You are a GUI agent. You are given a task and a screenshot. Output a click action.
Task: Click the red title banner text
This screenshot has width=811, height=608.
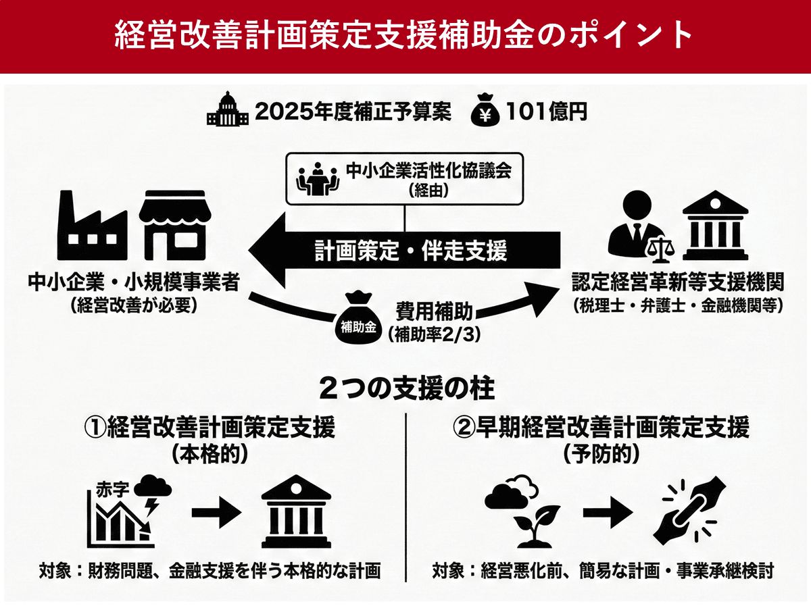tap(405, 35)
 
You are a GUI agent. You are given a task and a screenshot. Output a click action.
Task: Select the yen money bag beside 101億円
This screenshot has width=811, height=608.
tap(485, 111)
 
